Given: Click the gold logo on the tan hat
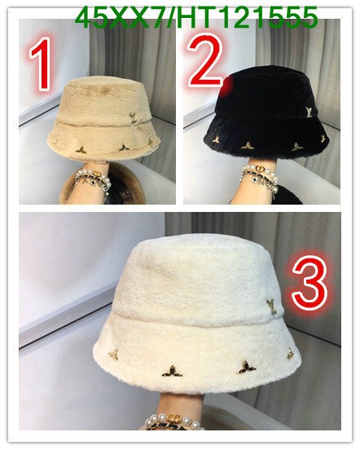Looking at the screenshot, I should [128, 119].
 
